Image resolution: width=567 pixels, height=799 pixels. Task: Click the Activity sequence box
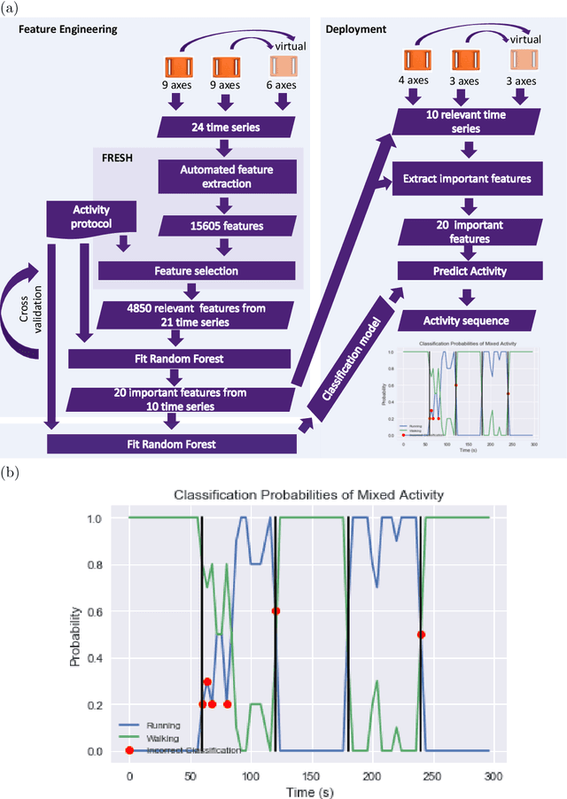(467, 320)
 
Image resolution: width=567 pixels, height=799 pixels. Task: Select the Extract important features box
(467, 178)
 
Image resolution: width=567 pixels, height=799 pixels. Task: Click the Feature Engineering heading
(67, 29)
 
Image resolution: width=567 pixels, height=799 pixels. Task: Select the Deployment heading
(356, 29)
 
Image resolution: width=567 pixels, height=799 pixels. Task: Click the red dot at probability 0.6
(276, 611)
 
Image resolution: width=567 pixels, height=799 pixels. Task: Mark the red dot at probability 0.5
(421, 634)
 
